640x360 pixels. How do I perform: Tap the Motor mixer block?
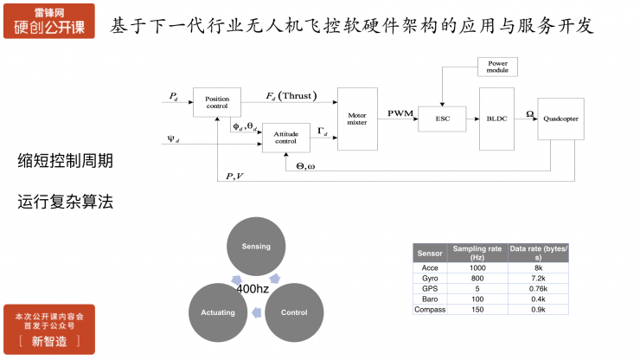(357, 119)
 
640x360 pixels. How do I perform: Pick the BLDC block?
(496, 119)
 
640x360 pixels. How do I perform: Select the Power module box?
(497, 67)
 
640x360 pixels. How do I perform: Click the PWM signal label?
(400, 113)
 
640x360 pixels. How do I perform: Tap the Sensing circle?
(256, 247)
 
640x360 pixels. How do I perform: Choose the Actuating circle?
(217, 312)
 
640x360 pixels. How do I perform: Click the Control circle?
(295, 312)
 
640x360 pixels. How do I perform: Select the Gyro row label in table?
(430, 279)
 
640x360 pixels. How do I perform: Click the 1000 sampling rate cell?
(477, 268)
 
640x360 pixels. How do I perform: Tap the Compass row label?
(430, 310)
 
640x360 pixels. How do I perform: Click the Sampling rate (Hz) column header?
(477, 253)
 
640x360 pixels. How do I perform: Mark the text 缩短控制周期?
(65, 161)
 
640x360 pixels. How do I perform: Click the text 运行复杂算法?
(65, 202)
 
